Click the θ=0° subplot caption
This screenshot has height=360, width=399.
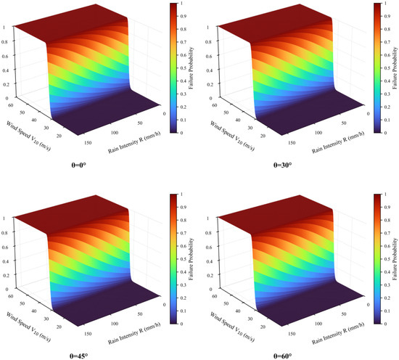78,165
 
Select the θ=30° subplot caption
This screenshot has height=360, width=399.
282,165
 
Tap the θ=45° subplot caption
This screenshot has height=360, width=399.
78,356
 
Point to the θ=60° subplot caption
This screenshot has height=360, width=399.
282,356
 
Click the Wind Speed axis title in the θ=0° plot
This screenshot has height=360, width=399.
28,136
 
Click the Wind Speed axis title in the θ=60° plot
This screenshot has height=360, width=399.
232,327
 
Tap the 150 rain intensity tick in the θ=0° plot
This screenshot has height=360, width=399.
88,143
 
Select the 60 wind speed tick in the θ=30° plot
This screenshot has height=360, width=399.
215,105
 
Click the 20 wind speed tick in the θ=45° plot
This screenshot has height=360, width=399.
59,327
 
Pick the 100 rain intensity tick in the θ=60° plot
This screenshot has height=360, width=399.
318,323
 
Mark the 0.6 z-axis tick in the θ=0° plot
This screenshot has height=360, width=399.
5,56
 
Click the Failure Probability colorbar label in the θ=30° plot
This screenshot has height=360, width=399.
395,68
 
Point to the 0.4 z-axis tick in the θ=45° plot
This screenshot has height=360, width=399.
5,261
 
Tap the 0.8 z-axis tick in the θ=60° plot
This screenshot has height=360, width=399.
209,232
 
